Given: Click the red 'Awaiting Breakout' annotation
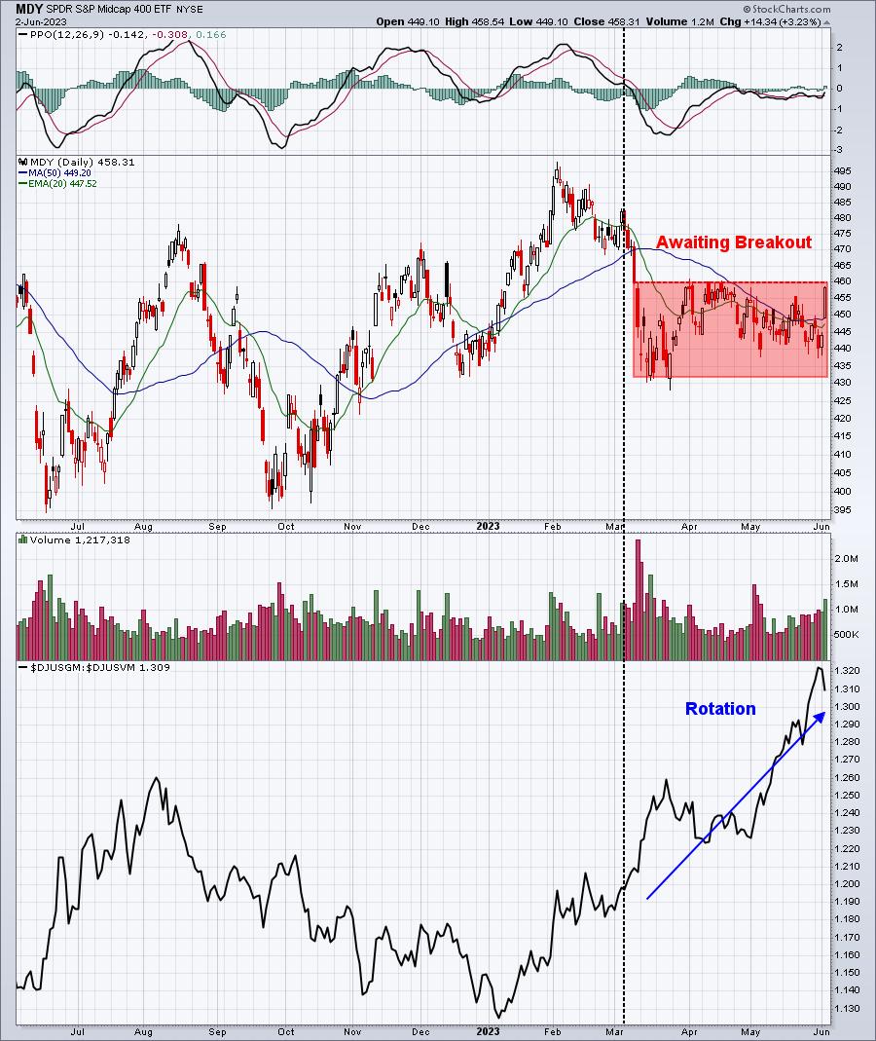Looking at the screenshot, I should [x=733, y=242].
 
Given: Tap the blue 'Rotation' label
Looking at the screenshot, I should [x=719, y=709].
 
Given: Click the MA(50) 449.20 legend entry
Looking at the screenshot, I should [x=55, y=172].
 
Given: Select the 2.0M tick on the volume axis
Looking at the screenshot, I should [x=845, y=559].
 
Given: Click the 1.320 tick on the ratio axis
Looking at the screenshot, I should [x=846, y=671].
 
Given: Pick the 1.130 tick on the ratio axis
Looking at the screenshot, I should [x=846, y=1008].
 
